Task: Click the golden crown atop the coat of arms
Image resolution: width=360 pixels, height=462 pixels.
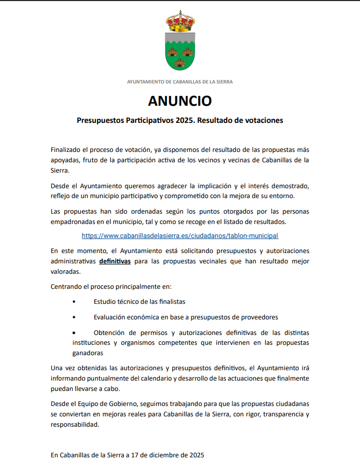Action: coord(180,21)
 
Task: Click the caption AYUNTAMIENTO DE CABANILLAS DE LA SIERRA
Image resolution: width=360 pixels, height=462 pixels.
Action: coord(180,82)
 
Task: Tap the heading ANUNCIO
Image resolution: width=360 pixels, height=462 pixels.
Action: coord(179,101)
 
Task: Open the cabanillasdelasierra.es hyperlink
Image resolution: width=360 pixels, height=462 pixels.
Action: coord(180,235)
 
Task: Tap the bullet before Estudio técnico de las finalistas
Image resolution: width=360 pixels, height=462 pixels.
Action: coord(74,301)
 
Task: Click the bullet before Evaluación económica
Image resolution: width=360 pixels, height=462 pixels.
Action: coord(74,317)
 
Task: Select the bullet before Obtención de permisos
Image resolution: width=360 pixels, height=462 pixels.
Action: coord(74,332)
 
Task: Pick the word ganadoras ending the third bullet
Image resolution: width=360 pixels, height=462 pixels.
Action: coord(88,353)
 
